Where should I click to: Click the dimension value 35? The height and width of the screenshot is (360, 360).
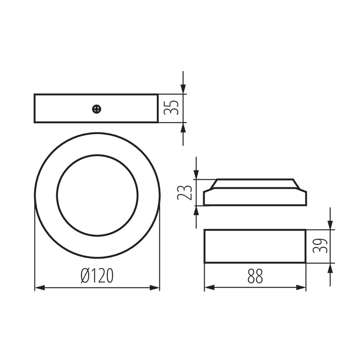click(x=171, y=108)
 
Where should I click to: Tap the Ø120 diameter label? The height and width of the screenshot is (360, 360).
click(x=97, y=276)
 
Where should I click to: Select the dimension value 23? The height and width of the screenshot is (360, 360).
click(x=184, y=193)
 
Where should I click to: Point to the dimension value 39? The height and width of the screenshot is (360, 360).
click(x=320, y=246)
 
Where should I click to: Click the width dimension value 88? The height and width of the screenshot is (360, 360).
click(x=255, y=276)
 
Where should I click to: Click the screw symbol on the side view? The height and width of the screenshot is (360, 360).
click(x=97, y=109)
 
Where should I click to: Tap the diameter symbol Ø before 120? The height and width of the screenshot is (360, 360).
click(x=85, y=276)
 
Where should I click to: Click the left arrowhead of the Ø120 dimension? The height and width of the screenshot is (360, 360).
click(x=40, y=288)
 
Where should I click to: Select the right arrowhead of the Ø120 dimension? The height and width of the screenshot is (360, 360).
click(x=154, y=288)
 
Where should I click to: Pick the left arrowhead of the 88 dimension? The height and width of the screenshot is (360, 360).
click(x=210, y=288)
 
